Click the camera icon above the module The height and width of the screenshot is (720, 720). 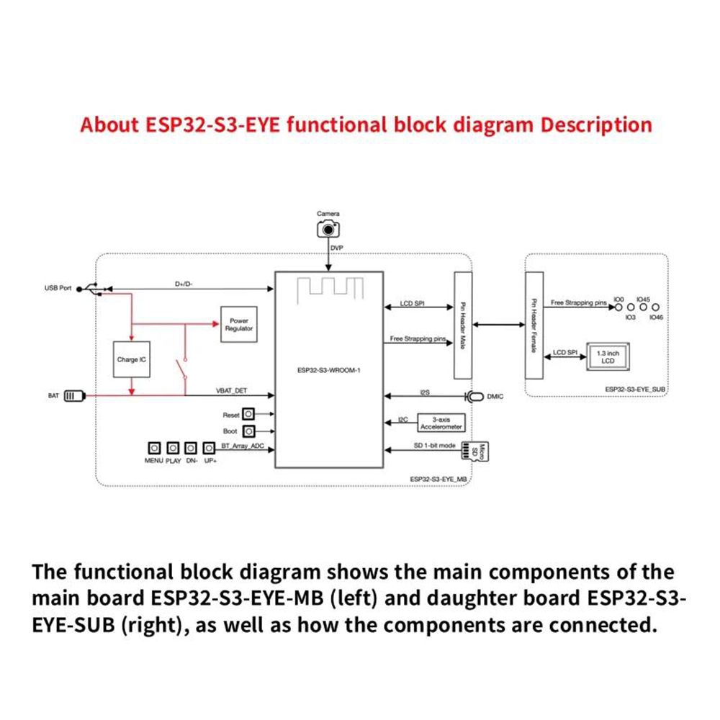coord(328,229)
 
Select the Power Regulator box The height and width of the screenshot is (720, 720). coord(238,325)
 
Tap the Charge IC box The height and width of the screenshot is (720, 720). coord(132,359)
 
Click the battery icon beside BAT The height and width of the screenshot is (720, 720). coord(75,395)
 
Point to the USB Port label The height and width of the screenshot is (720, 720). coord(58,288)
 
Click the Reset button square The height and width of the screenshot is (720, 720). coord(249,415)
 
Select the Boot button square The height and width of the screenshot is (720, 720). coord(249,431)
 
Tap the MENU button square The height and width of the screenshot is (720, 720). coord(154,447)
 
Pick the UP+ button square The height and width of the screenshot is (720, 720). coord(210,447)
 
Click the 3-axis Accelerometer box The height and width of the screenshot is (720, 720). coord(441,423)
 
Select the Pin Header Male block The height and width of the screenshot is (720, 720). coord(462,325)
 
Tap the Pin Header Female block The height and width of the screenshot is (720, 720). coord(534,325)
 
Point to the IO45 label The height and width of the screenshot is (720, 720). coord(644,298)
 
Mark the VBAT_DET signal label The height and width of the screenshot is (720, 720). coord(233,390)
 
